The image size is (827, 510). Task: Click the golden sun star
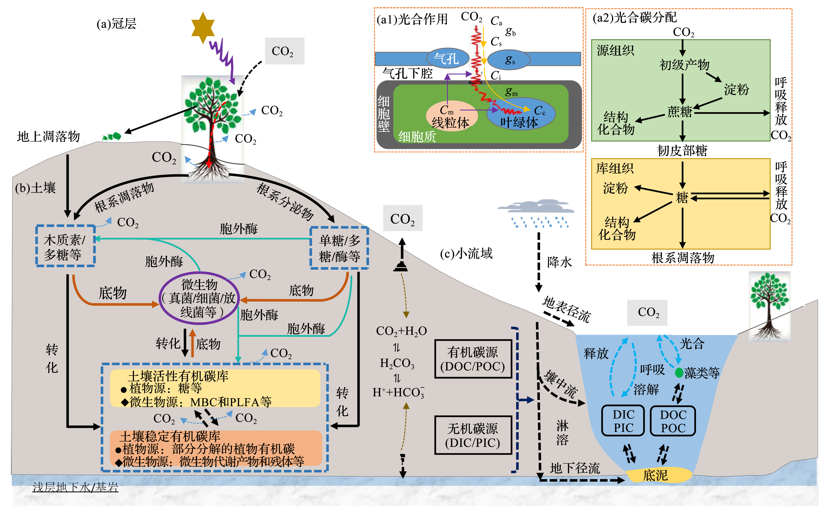coord(203,28)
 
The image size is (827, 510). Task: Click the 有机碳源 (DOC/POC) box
coord(473,359)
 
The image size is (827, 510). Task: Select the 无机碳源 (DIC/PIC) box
coord(473,435)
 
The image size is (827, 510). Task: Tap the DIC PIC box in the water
coord(623,421)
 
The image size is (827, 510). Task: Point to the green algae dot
coord(679,373)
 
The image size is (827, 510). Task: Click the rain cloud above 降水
coord(536,207)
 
